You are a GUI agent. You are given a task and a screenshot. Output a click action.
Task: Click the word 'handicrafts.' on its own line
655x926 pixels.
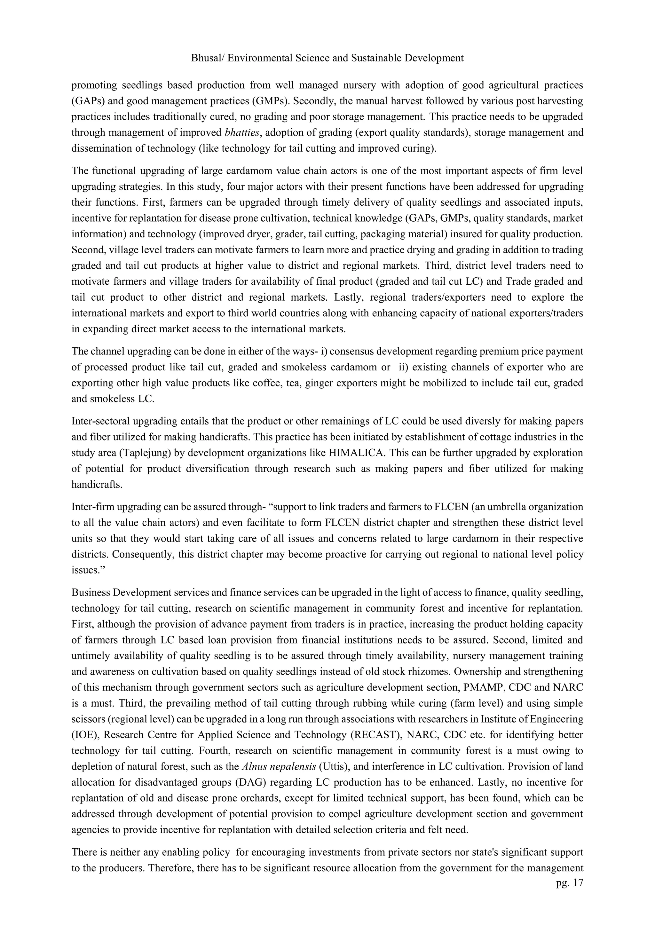[96, 484]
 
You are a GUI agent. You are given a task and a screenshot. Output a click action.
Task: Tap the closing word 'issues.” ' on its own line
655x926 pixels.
[86, 570]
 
